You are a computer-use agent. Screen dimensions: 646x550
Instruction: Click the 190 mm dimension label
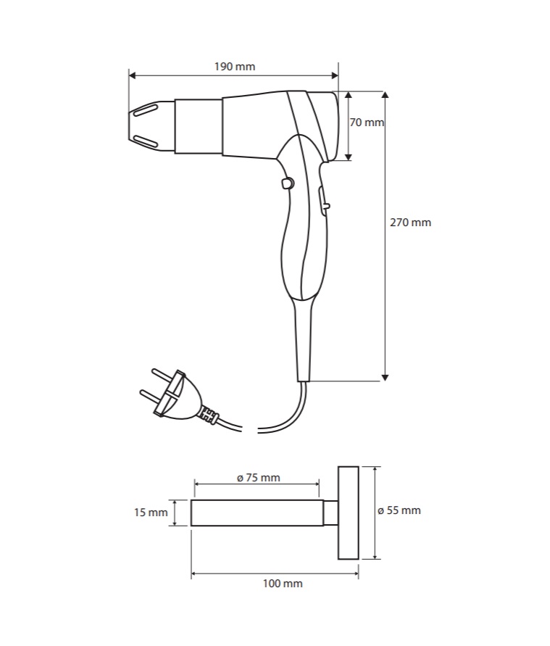pos(235,67)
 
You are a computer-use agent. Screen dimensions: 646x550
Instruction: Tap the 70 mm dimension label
pos(366,123)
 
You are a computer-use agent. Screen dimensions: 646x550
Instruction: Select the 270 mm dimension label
pos(410,223)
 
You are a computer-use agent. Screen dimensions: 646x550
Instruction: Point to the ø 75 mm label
pos(258,477)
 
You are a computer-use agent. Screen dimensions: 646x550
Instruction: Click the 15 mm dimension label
pos(150,513)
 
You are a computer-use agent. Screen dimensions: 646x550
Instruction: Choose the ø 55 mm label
pos(399,510)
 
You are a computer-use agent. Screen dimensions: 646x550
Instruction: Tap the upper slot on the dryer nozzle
pos(144,111)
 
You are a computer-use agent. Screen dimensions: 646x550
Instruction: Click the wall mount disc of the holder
pos(348,513)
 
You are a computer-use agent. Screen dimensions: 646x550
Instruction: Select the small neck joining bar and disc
pos(330,513)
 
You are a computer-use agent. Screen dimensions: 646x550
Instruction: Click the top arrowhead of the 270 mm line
pos(385,95)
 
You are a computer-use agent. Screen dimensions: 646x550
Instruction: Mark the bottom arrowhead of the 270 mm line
pos(385,376)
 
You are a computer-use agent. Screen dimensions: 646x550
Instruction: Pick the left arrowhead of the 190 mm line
pos(133,74)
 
